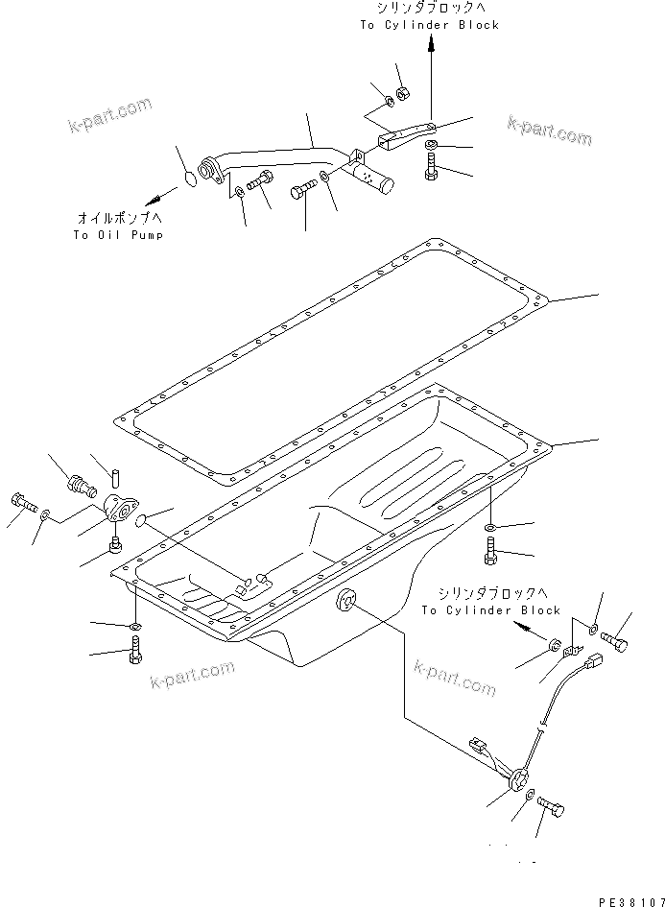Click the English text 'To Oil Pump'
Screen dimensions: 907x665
[x=117, y=235]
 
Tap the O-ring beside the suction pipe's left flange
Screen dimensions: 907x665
[x=190, y=179]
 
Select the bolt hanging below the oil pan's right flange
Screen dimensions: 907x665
[x=491, y=553]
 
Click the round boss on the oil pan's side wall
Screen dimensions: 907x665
[x=344, y=602]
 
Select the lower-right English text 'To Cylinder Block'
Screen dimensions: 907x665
[x=490, y=609]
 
